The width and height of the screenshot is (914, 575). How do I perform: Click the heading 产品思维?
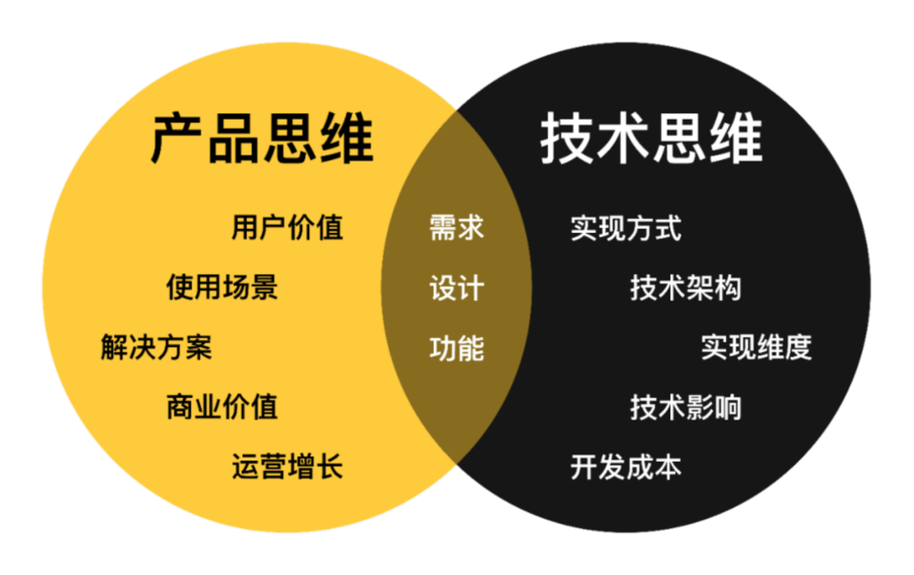pyautogui.click(x=261, y=139)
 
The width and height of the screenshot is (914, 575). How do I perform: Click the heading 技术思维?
pyautogui.click(x=651, y=139)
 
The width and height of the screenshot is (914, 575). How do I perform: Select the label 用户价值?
pyautogui.click(x=287, y=228)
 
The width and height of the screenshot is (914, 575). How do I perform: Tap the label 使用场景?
pyautogui.click(x=222, y=287)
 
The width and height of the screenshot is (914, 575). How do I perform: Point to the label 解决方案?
pyautogui.click(x=156, y=347)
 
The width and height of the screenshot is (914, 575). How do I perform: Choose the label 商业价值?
pyautogui.click(x=222, y=407)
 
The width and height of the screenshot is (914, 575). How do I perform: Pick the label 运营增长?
pyautogui.click(x=287, y=466)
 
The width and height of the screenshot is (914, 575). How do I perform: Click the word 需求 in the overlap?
pyautogui.click(x=457, y=228)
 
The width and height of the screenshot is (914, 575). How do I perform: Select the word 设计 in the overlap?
pyautogui.click(x=457, y=288)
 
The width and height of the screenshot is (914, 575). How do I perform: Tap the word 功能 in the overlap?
pyautogui.click(x=457, y=348)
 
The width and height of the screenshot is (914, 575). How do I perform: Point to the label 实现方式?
pyautogui.click(x=626, y=228)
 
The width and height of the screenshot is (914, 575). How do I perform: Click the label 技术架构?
pyautogui.click(x=685, y=288)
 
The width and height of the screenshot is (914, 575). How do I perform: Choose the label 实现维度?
pyautogui.click(x=756, y=347)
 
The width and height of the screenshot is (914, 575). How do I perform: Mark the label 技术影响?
pyautogui.click(x=685, y=407)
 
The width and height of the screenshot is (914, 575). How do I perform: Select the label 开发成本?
pyautogui.click(x=626, y=466)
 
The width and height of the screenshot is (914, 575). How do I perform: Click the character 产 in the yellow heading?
pyautogui.click(x=178, y=139)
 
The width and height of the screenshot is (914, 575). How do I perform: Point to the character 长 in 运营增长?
pyautogui.click(x=329, y=466)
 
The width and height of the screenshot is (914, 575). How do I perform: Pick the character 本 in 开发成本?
pyautogui.click(x=667, y=466)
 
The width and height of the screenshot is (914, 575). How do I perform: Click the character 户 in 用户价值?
pyautogui.click(x=273, y=228)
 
